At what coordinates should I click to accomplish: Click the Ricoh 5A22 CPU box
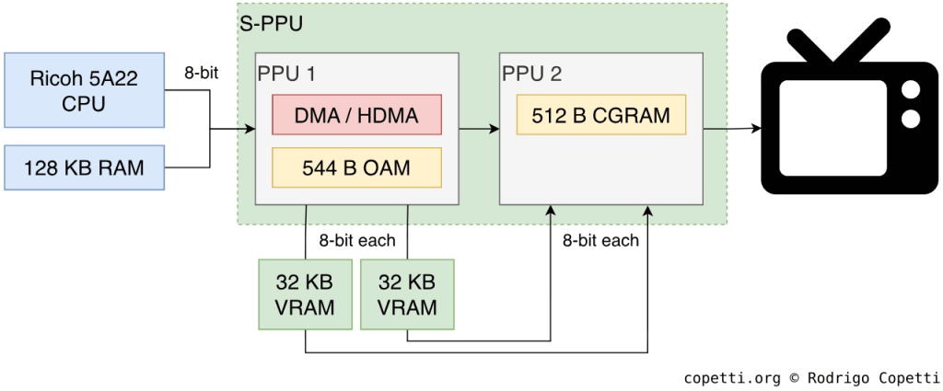tap(84, 91)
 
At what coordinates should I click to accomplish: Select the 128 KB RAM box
tap(84, 167)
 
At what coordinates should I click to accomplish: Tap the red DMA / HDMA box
tap(356, 116)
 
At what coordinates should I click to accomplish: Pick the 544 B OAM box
tap(356, 167)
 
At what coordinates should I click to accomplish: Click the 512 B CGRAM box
tap(600, 115)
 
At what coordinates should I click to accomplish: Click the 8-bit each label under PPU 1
tap(356, 241)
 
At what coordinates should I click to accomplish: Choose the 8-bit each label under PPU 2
tap(600, 241)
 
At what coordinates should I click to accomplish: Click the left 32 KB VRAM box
tap(305, 294)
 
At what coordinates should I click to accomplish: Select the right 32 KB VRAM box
tap(407, 294)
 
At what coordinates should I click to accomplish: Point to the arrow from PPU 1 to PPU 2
tap(479, 129)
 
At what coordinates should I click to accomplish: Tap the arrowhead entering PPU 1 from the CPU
tap(250, 129)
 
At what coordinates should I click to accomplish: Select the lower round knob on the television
tap(911, 119)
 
